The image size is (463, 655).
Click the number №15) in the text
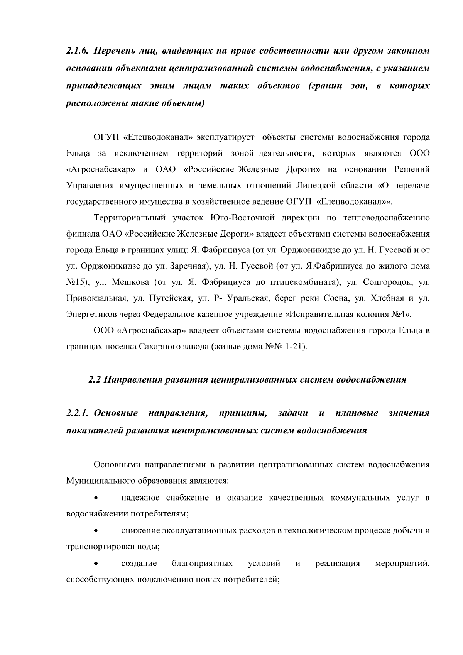coord(78,282)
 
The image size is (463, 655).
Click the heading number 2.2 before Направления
coord(94,379)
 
